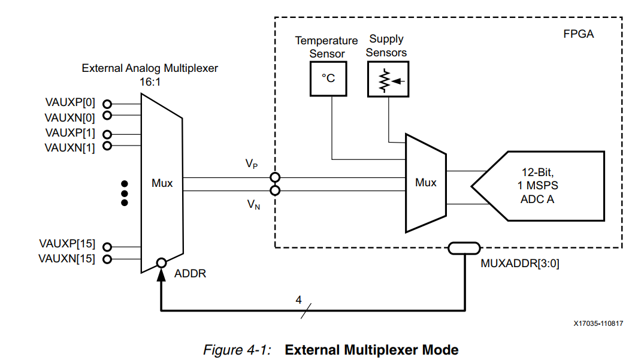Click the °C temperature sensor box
pos(328,78)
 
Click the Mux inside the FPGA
pos(426,183)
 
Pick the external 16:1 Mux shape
pos(162,183)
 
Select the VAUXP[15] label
pos(66,244)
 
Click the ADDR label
pos(190,274)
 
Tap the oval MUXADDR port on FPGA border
pos(464,247)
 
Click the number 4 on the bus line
pos(298,300)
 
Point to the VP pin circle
pos(275,177)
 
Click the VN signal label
pos(253,205)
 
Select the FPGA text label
pos(579,34)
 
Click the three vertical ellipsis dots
pos(125,193)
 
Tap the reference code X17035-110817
pos(598,323)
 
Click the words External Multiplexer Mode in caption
pos(371,349)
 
